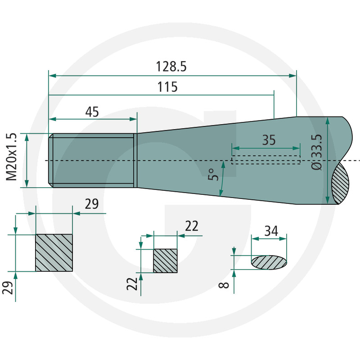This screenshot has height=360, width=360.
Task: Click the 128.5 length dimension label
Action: point(171,67)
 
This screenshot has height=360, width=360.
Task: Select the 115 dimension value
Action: point(167,87)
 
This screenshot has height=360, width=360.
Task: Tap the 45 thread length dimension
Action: point(92,112)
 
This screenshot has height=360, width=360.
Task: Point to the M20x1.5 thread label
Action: point(12,157)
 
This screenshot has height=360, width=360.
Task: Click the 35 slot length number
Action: point(269,140)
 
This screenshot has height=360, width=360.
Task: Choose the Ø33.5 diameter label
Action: point(317,152)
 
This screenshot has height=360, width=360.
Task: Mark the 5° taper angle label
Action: point(213,175)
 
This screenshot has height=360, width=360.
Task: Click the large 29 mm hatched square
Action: point(54,253)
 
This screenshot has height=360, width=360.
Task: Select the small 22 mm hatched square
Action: point(165,261)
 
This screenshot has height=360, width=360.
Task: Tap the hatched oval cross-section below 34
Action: point(269,262)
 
